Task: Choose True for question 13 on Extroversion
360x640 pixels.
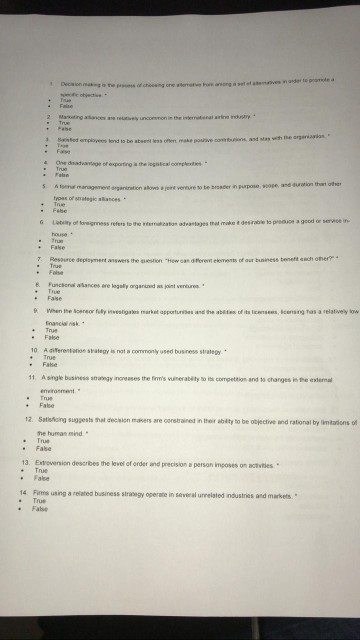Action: (43, 470)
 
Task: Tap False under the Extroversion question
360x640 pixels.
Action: (43, 477)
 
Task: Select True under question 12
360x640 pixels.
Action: (43, 440)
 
